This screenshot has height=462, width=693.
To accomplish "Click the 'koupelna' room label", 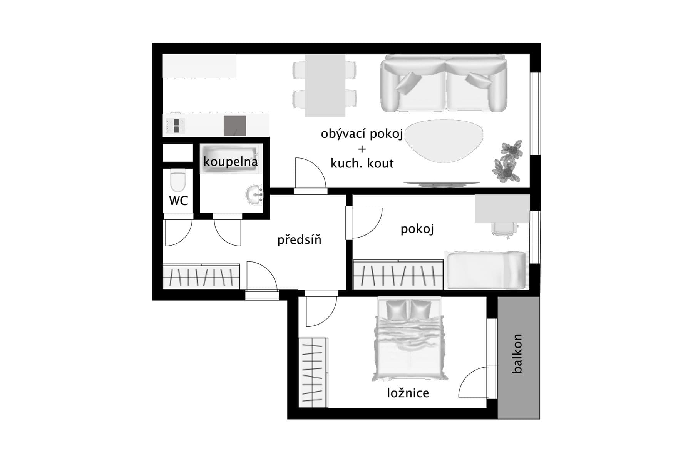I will tap(230, 162).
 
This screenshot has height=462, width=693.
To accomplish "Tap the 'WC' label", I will tap(178, 201).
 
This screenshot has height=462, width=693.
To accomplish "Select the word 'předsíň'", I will tap(299, 240).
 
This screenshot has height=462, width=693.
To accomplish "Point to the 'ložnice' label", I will tap(408, 393).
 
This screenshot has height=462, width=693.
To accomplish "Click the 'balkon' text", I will tap(517, 353).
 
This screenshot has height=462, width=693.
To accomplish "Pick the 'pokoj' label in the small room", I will tap(417, 229).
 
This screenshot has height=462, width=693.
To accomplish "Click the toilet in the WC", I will tap(177, 182).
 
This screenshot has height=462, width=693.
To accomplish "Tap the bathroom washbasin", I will tap(254, 194).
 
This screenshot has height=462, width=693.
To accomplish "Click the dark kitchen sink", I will tap(235, 126).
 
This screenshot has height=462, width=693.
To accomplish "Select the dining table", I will tap(325, 85).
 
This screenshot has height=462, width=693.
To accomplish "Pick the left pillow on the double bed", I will tap(396, 310).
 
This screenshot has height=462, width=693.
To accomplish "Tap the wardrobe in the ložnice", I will tap(313, 372).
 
